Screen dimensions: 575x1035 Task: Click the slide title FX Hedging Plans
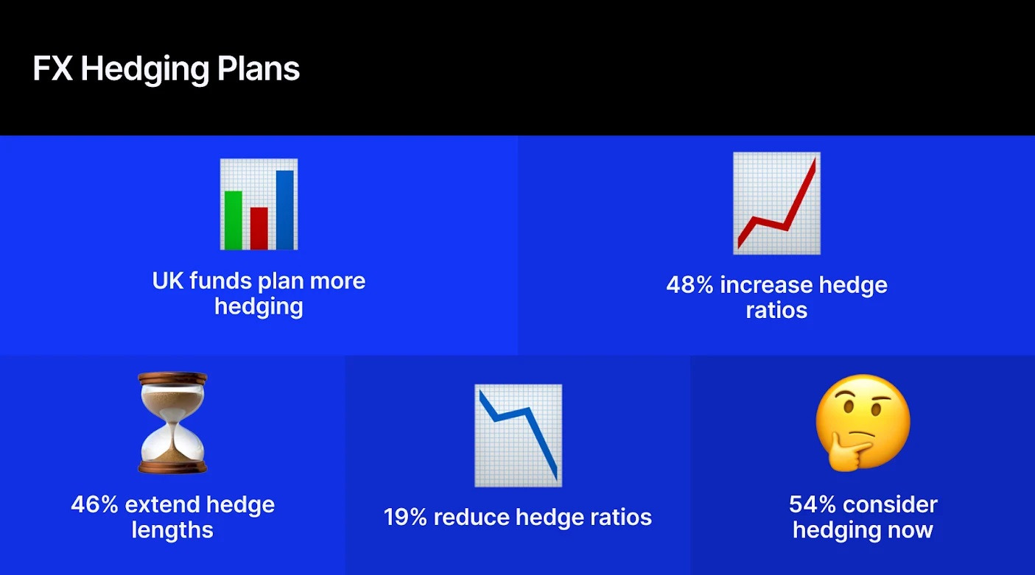coord(166,69)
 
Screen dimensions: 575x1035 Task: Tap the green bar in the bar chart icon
coord(233,219)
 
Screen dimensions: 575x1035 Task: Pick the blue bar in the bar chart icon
coord(284,209)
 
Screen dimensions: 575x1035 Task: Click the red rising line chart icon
coord(776,203)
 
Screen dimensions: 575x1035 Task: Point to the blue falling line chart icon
coord(518,435)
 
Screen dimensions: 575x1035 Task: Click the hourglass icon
coord(173,423)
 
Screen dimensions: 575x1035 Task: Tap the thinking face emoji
coord(863,422)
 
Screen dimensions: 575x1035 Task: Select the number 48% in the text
coord(690,285)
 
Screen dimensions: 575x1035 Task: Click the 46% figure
coord(95,505)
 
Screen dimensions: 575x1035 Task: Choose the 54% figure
coord(812,505)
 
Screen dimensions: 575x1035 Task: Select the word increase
coord(770,285)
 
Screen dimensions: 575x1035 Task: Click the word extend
coord(164,505)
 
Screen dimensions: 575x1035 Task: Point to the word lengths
coord(172,530)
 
